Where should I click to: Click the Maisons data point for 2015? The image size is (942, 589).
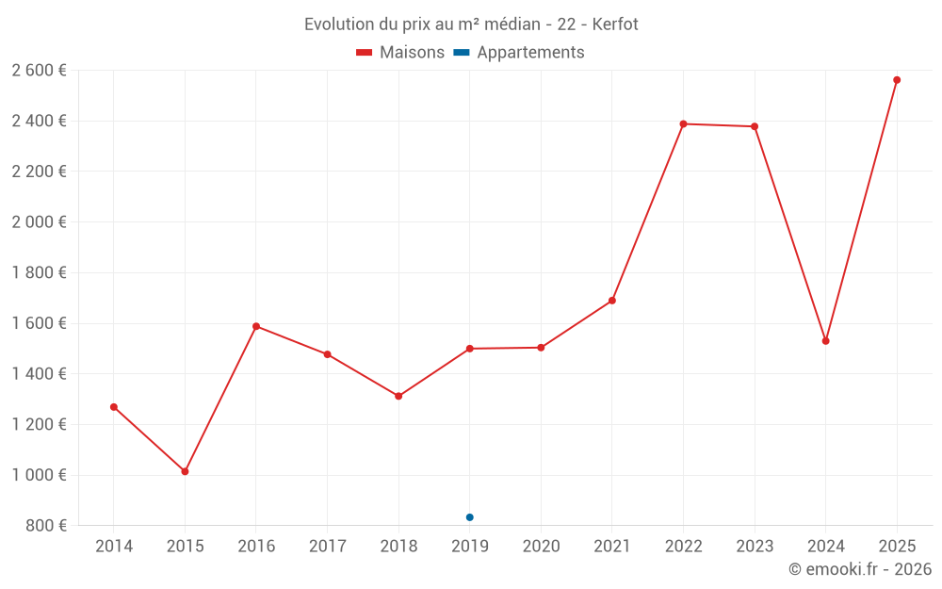[x=185, y=471]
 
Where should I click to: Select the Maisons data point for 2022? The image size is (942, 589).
[x=683, y=123]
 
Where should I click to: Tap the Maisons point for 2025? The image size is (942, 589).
[x=897, y=80]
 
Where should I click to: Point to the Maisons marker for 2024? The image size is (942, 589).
[x=825, y=341]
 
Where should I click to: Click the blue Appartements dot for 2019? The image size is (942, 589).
[x=469, y=517]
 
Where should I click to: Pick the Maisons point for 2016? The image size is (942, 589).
[x=256, y=326]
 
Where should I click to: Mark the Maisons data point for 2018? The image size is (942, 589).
[x=398, y=396]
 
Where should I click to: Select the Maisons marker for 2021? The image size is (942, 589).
[x=611, y=301]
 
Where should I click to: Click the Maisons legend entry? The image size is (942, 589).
[x=400, y=53]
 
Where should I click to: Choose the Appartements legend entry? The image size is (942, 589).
[x=519, y=53]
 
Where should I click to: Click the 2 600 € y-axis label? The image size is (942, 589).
[x=39, y=71]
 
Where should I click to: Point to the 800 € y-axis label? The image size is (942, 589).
[x=46, y=526]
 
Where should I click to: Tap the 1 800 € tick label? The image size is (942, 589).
[x=39, y=272]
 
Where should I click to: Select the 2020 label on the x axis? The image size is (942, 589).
[x=541, y=547]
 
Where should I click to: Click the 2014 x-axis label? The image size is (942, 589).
[x=114, y=547]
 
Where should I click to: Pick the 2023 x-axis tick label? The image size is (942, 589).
[x=754, y=547]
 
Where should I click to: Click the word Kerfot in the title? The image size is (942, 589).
[x=615, y=25]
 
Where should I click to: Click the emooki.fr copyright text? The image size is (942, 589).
[x=859, y=569]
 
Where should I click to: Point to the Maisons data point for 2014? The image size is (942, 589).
[x=114, y=407]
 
